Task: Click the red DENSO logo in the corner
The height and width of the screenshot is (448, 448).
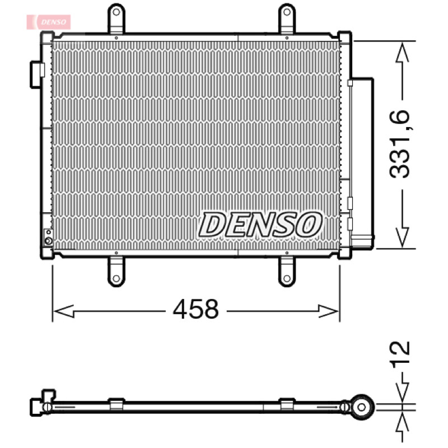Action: pyautogui.click(x=49, y=22)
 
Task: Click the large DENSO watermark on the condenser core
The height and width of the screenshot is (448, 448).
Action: pyautogui.click(x=260, y=225)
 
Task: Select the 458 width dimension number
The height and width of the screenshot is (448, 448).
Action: pyautogui.click(x=196, y=309)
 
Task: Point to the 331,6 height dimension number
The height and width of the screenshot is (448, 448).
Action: pyautogui.click(x=399, y=144)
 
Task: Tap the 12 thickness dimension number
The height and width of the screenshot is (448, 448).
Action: pyautogui.click(x=400, y=354)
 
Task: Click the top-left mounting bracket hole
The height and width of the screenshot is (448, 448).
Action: pyautogui.click(x=116, y=12)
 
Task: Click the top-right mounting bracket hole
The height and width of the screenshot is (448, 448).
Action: pyautogui.click(x=287, y=12)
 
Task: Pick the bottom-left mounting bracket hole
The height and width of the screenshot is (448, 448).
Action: pyautogui.click(x=116, y=278)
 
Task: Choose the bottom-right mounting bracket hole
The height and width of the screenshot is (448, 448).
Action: pyautogui.click(x=287, y=278)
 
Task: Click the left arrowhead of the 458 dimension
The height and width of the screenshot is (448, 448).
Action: pyautogui.click(x=64, y=311)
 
